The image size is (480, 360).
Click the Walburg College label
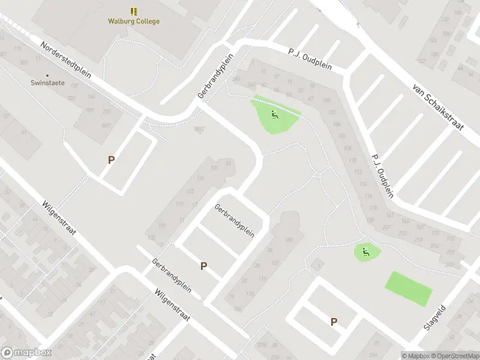point(133,22)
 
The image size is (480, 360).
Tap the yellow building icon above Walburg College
point(133,11)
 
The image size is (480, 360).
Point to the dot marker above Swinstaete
point(48,76)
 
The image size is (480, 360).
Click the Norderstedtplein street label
point(65,61)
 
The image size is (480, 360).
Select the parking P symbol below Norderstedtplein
point(111,160)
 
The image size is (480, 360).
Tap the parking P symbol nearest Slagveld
point(334,322)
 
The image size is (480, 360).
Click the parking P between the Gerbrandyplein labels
point(203,266)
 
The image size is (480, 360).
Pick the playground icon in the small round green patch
point(365,252)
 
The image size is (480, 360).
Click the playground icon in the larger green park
point(274,115)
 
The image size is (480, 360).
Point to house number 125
point(191,191)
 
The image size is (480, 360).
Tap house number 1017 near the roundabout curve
point(199,128)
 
